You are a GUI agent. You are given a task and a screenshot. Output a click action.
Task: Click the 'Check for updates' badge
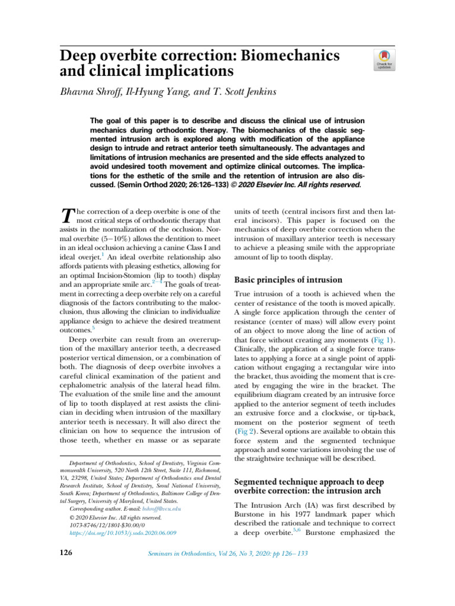tap(384, 60)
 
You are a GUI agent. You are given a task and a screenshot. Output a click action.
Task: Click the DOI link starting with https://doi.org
tap(123, 533)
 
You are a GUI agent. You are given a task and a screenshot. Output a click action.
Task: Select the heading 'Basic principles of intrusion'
tap(288, 279)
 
